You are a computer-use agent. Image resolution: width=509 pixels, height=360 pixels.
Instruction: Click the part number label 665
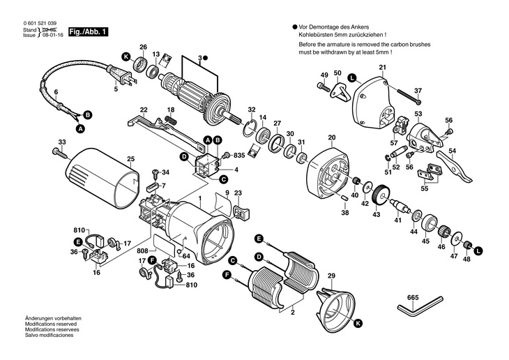pos(413,298)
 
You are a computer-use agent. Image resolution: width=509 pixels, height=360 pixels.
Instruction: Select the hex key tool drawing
pos(418,307)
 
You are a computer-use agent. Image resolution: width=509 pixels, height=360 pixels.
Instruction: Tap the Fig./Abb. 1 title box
pos(92,32)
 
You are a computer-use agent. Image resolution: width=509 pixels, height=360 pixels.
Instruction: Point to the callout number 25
pos(130,159)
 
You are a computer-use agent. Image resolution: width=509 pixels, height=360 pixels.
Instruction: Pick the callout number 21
pos(382,67)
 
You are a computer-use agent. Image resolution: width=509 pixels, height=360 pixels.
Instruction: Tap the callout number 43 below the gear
pos(377,214)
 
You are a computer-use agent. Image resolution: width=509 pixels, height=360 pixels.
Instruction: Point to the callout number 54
pos(452,151)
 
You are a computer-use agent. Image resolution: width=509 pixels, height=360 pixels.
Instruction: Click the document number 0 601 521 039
pos(39,24)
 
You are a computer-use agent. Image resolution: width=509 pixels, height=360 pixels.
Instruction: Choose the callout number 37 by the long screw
pos(418,91)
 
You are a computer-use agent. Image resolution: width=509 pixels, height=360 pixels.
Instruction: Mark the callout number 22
pos(144,110)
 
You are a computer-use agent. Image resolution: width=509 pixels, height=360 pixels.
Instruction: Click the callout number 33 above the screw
pos(62,142)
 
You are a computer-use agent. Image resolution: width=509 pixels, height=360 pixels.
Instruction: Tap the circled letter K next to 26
pos(126,56)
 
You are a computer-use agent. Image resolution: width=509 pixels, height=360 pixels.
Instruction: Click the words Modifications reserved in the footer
pos(45,324)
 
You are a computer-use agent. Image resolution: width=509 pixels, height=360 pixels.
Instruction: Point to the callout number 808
pos(142,250)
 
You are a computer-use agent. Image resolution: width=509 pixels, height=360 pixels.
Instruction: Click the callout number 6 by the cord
pos(56,92)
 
